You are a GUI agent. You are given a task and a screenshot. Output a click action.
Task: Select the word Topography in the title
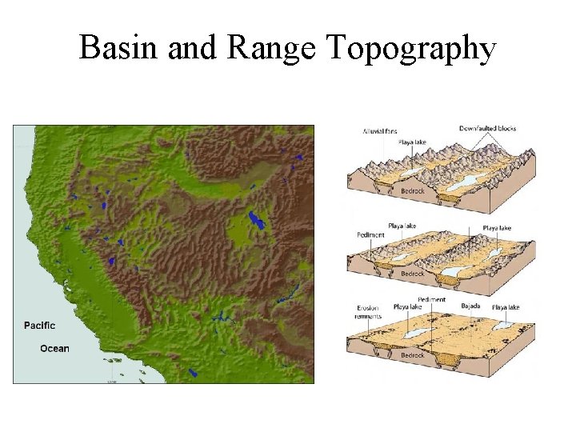pos(411,50)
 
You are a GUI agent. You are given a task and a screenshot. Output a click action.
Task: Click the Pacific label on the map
pos(39,325)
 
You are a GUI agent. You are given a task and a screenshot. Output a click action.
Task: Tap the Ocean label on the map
pos(55,348)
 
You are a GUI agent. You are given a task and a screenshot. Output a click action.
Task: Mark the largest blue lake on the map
pos(256,219)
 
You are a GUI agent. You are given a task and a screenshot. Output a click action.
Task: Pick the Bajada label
pos(470,306)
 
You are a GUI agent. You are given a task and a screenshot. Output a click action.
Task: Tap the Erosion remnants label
pos(368,311)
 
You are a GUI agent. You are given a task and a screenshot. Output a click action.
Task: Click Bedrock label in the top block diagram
pos(412,190)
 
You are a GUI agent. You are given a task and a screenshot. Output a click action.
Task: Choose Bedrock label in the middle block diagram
pos(412,273)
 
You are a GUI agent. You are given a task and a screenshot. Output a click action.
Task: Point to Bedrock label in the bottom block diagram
pos(412,355)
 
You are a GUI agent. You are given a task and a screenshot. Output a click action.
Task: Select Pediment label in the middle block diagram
pos(370,235)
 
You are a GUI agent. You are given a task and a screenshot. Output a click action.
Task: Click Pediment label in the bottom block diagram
pos(432,299)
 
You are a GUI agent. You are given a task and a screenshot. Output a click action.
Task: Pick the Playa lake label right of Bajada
pos(506,307)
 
